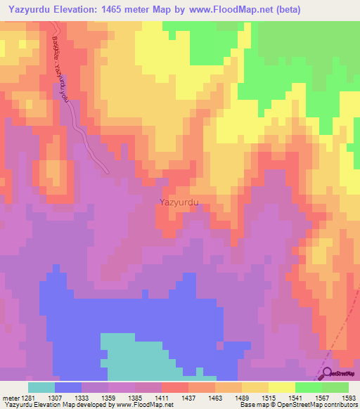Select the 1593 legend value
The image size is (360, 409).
click(x=348, y=398)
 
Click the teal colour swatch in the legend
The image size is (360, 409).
click(x=41, y=387)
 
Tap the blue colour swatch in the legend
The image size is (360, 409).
click(x=68, y=387)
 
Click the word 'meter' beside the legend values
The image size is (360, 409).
click(x=11, y=398)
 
